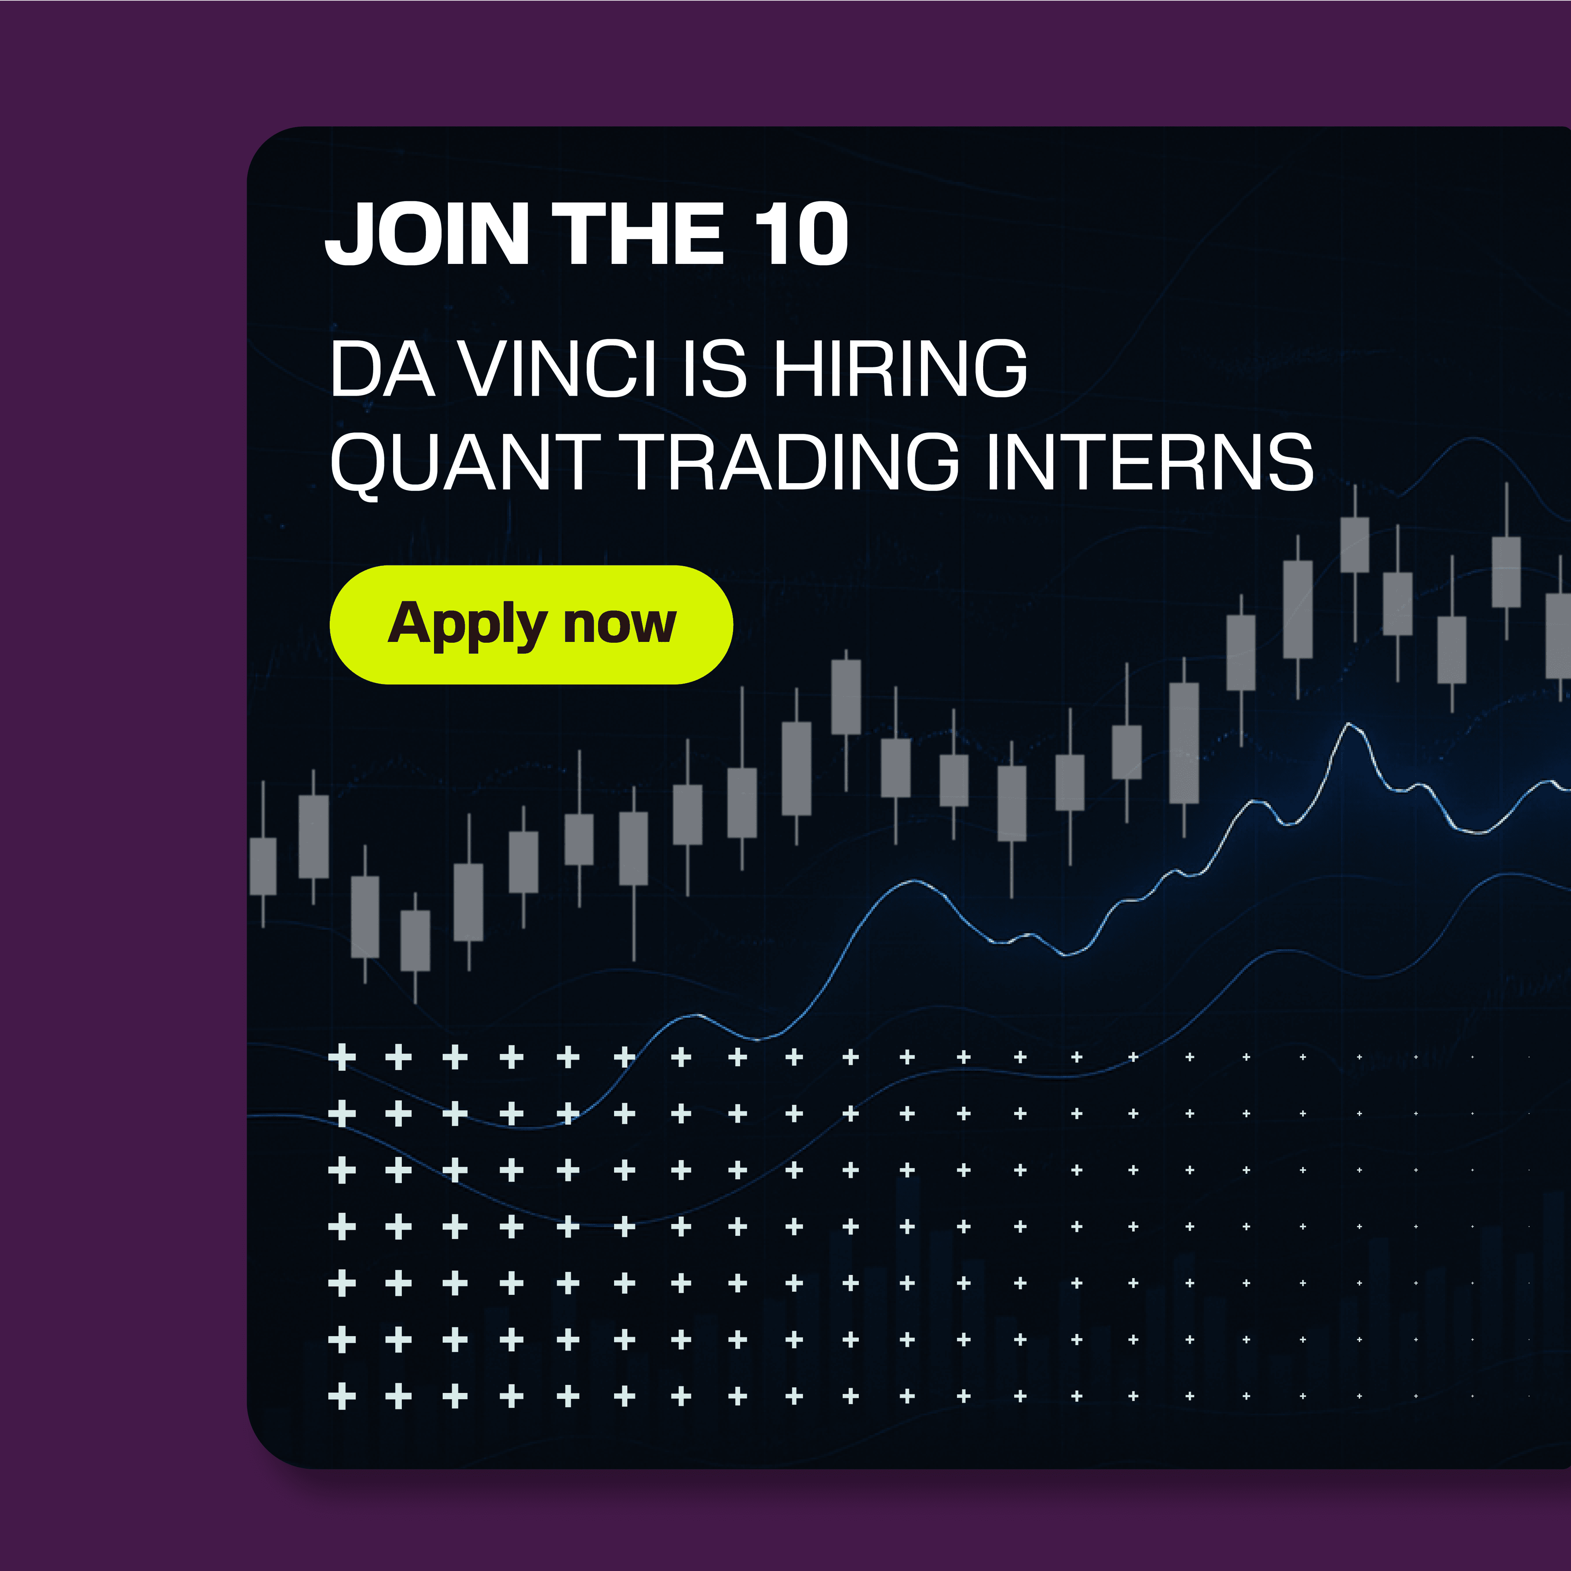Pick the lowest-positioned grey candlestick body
tap(416, 940)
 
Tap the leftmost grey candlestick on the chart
tap(263, 866)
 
